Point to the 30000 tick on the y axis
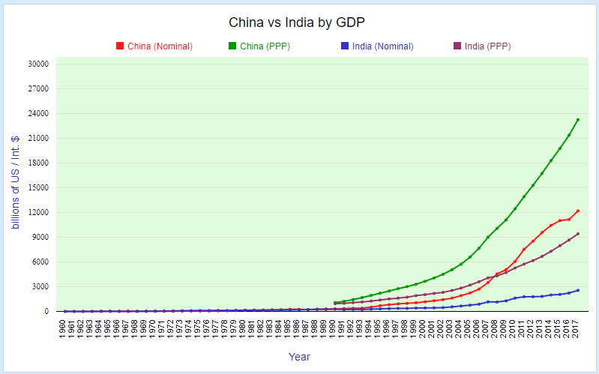[37, 64]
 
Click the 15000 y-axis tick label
[37, 188]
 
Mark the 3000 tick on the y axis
[39, 287]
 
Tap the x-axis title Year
[299, 357]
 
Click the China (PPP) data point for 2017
[577, 120]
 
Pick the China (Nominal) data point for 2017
[577, 211]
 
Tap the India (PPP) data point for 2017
[577, 234]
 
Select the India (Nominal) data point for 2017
[577, 290]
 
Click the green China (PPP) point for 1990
[334, 303]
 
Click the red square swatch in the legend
[120, 46]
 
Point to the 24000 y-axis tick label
[37, 114]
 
